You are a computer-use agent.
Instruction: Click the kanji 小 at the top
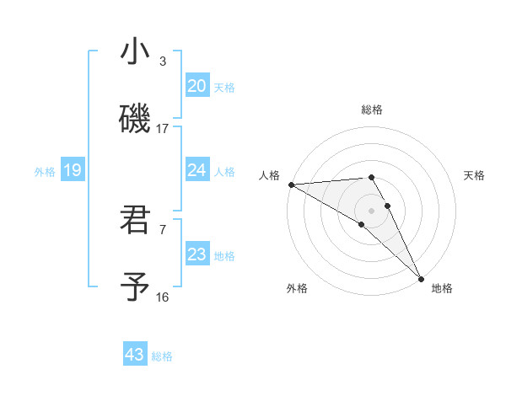(135, 51)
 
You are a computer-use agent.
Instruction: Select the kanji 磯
(135, 118)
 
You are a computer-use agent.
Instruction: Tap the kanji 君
(135, 219)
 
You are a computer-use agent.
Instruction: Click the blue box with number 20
(197, 86)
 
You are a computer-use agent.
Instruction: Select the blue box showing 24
(197, 170)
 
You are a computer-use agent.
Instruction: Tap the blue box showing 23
(197, 254)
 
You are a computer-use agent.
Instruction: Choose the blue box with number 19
(72, 170)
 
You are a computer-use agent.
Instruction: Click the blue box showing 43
(135, 355)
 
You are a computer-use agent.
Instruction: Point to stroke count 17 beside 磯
(163, 129)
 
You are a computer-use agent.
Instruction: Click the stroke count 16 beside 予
(163, 297)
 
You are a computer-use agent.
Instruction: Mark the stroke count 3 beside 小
(163, 62)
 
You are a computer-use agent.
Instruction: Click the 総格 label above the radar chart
(372, 110)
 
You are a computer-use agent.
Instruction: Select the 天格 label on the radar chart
(475, 175)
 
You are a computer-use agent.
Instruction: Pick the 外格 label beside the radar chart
(297, 288)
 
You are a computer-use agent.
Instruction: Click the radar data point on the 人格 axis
(291, 185)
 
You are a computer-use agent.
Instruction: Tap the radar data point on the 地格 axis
(421, 277)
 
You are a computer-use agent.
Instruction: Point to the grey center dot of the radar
(372, 210)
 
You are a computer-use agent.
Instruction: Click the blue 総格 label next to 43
(162, 356)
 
